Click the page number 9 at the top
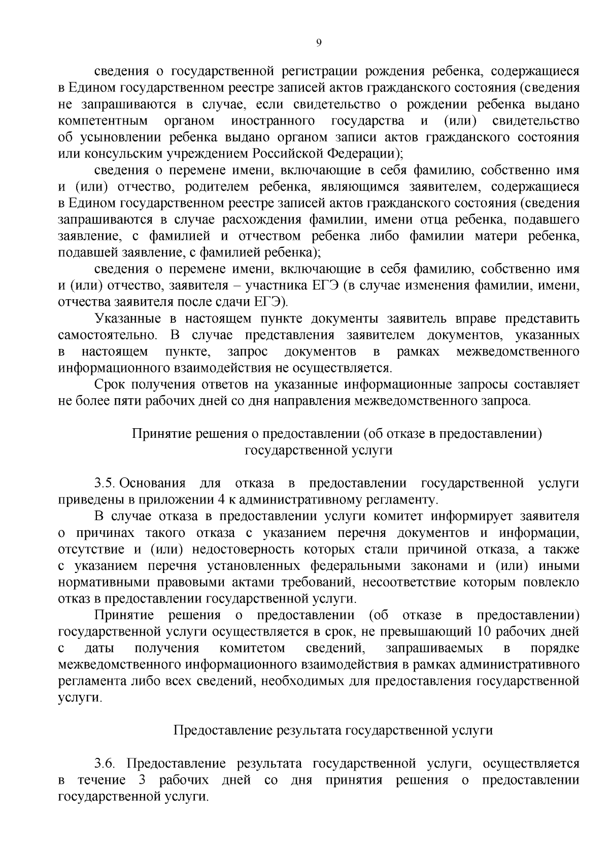[x=319, y=43]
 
